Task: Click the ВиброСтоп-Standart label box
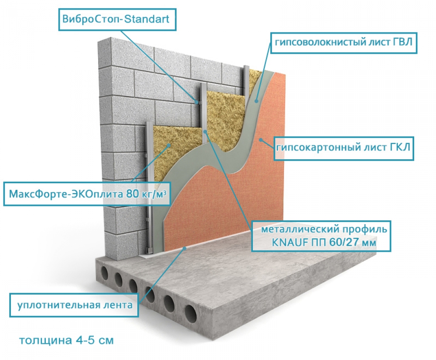click(x=117, y=20)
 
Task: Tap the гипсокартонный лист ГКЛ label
click(x=344, y=148)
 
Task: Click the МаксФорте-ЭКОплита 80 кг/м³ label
click(x=87, y=194)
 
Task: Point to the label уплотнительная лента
click(x=74, y=305)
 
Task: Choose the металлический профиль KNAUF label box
click(x=321, y=236)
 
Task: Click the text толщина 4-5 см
click(x=66, y=340)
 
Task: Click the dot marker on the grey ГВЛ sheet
click(x=256, y=101)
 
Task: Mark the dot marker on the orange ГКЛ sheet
click(x=261, y=139)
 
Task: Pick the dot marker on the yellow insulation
click(x=169, y=145)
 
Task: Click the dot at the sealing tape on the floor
click(x=184, y=248)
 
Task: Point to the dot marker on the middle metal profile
click(x=205, y=131)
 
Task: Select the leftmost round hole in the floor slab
click(x=105, y=273)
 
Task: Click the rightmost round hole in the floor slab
click(x=191, y=314)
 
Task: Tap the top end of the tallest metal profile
click(x=246, y=67)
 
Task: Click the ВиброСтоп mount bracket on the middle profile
click(x=198, y=102)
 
